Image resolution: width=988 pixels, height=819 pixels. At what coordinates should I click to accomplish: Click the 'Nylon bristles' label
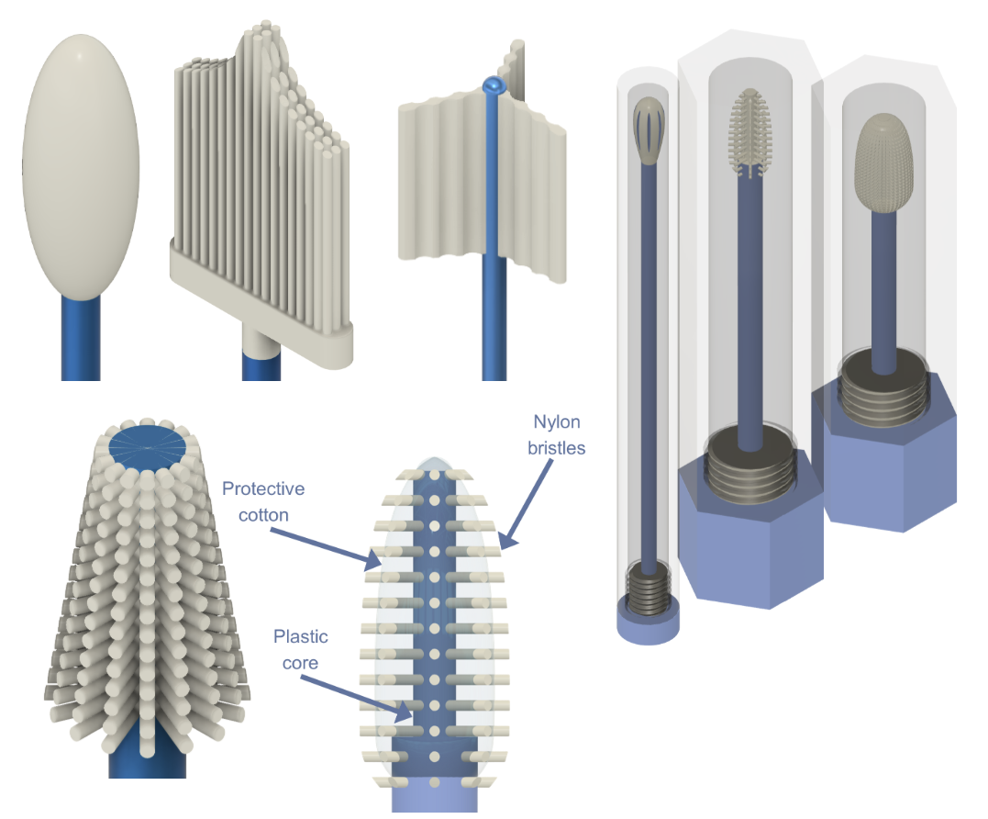557,434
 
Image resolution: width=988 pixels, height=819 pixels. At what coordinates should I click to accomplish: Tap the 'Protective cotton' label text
262,501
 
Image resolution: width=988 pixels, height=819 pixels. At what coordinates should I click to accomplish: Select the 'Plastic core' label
300,647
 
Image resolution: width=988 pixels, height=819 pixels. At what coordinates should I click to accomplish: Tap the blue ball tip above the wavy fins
494,87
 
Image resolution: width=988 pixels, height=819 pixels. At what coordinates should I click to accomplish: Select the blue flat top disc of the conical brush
148,447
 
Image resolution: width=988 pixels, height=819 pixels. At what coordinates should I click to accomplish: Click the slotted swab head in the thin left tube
649,129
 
